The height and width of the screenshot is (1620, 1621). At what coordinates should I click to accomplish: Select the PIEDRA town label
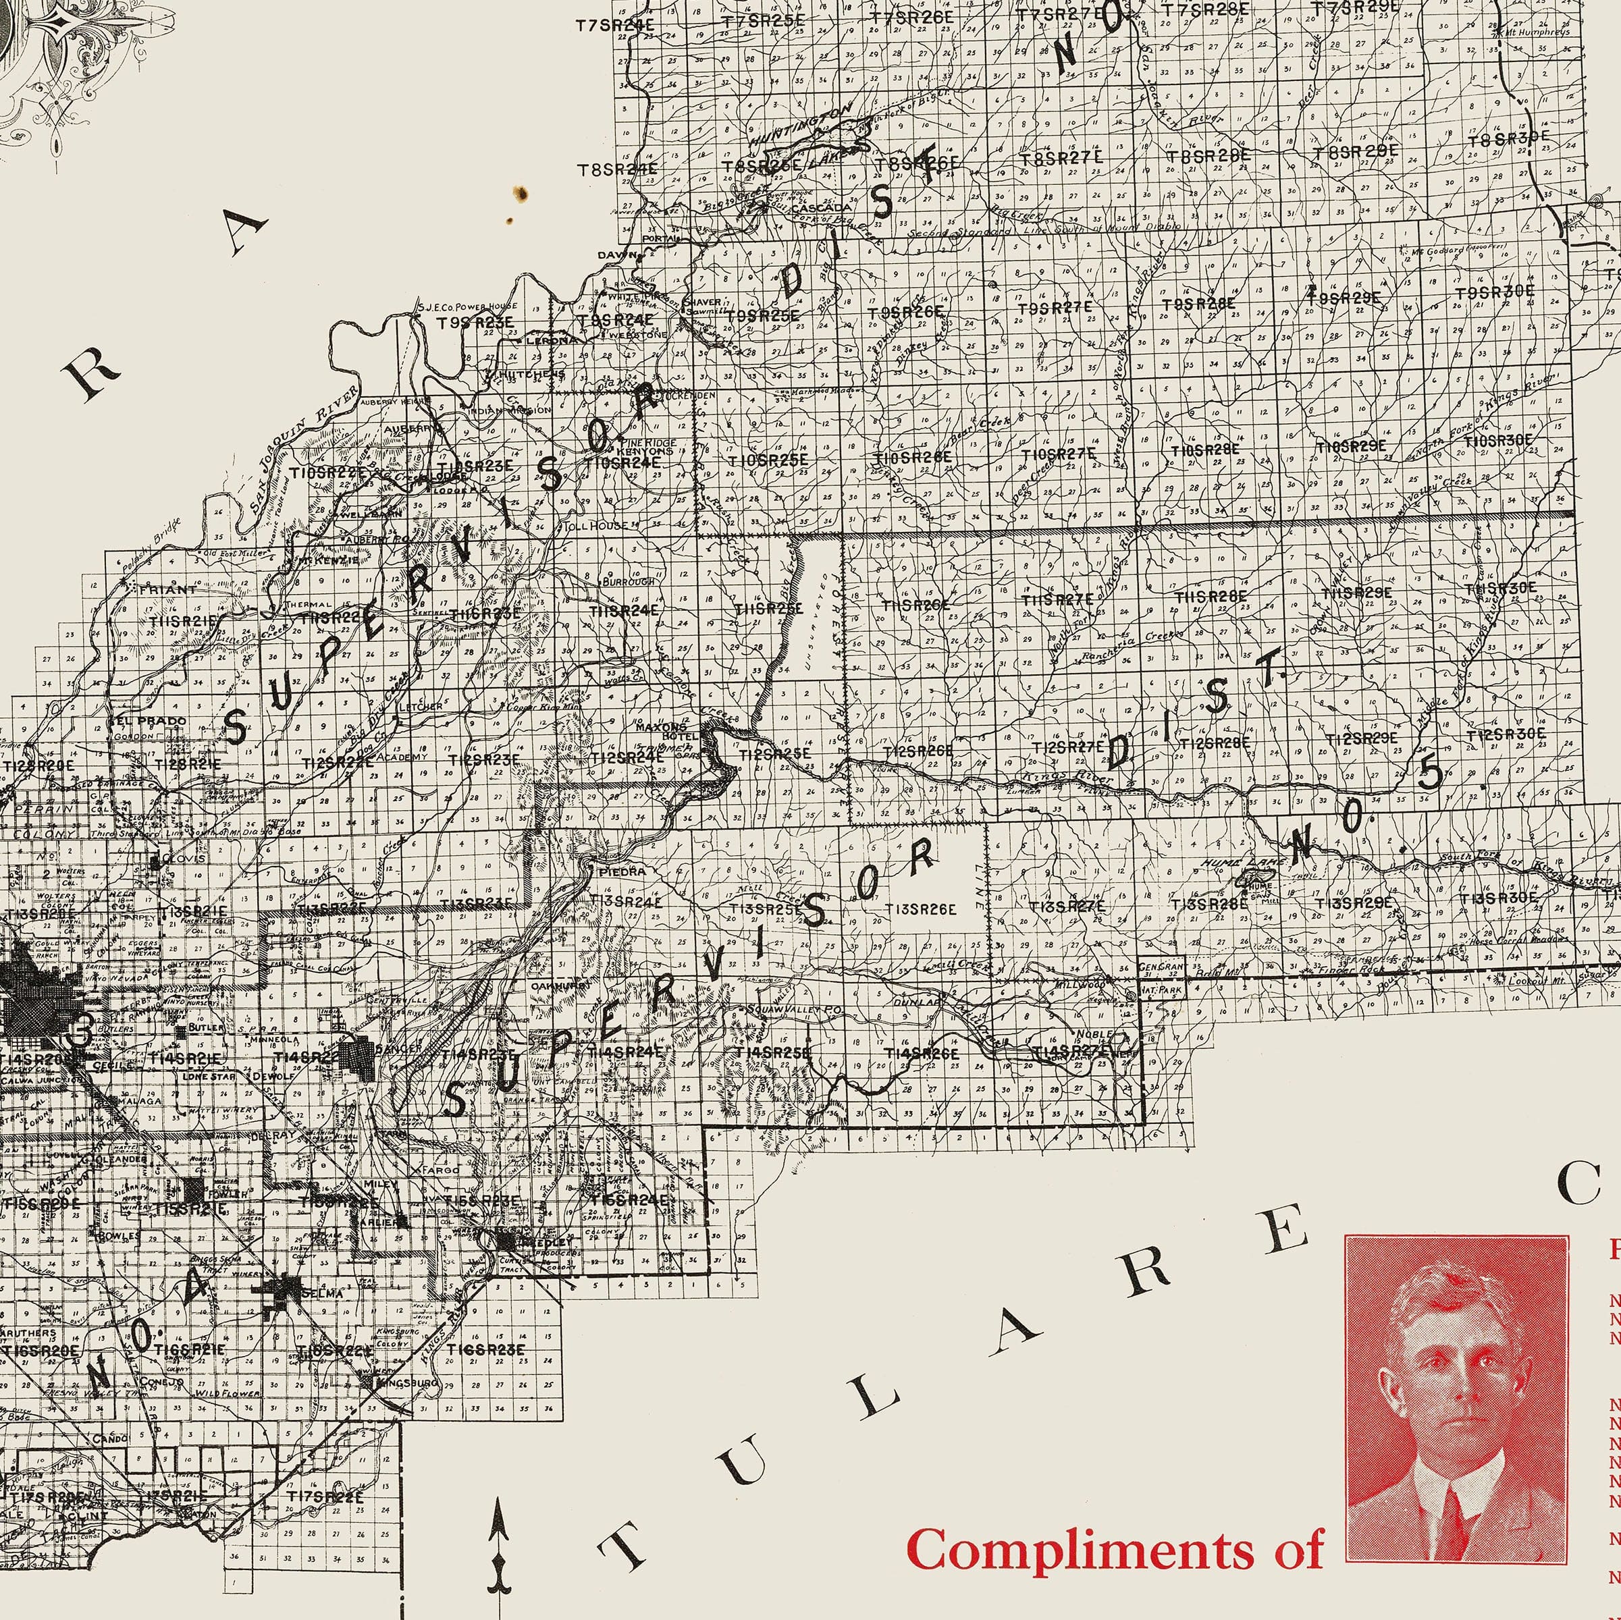(623, 871)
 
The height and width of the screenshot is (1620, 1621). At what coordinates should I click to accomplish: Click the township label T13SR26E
(920, 908)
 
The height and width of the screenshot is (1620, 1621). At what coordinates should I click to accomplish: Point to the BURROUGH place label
(629, 580)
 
